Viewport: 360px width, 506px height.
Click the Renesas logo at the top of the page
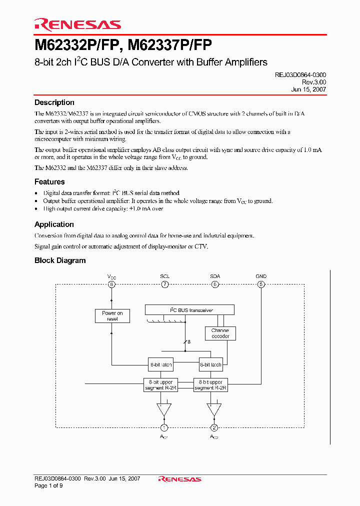pos(77,24)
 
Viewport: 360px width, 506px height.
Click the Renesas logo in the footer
pos(179,479)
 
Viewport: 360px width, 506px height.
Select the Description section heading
pos(54,102)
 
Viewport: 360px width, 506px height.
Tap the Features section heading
pos(49,182)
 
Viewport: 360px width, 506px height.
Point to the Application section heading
pos(54,224)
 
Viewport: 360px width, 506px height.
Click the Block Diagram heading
pos(60,260)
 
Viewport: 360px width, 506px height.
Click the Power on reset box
pos(112,316)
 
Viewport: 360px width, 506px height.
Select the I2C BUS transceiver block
pos(189,310)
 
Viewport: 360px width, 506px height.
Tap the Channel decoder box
pos(220,333)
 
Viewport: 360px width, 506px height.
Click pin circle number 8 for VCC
pos(112,284)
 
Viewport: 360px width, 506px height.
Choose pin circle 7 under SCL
pos(164,284)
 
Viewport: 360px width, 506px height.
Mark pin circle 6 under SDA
pos(215,284)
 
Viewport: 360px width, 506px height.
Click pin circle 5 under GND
pos(260,284)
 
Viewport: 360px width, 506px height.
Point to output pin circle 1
pos(163,427)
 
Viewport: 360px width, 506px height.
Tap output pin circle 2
pos(214,427)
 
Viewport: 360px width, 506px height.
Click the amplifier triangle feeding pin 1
pos(163,408)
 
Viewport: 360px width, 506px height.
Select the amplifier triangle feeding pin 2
pos(214,408)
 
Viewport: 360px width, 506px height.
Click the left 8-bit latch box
pos(160,365)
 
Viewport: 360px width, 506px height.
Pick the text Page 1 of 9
pos(48,485)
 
